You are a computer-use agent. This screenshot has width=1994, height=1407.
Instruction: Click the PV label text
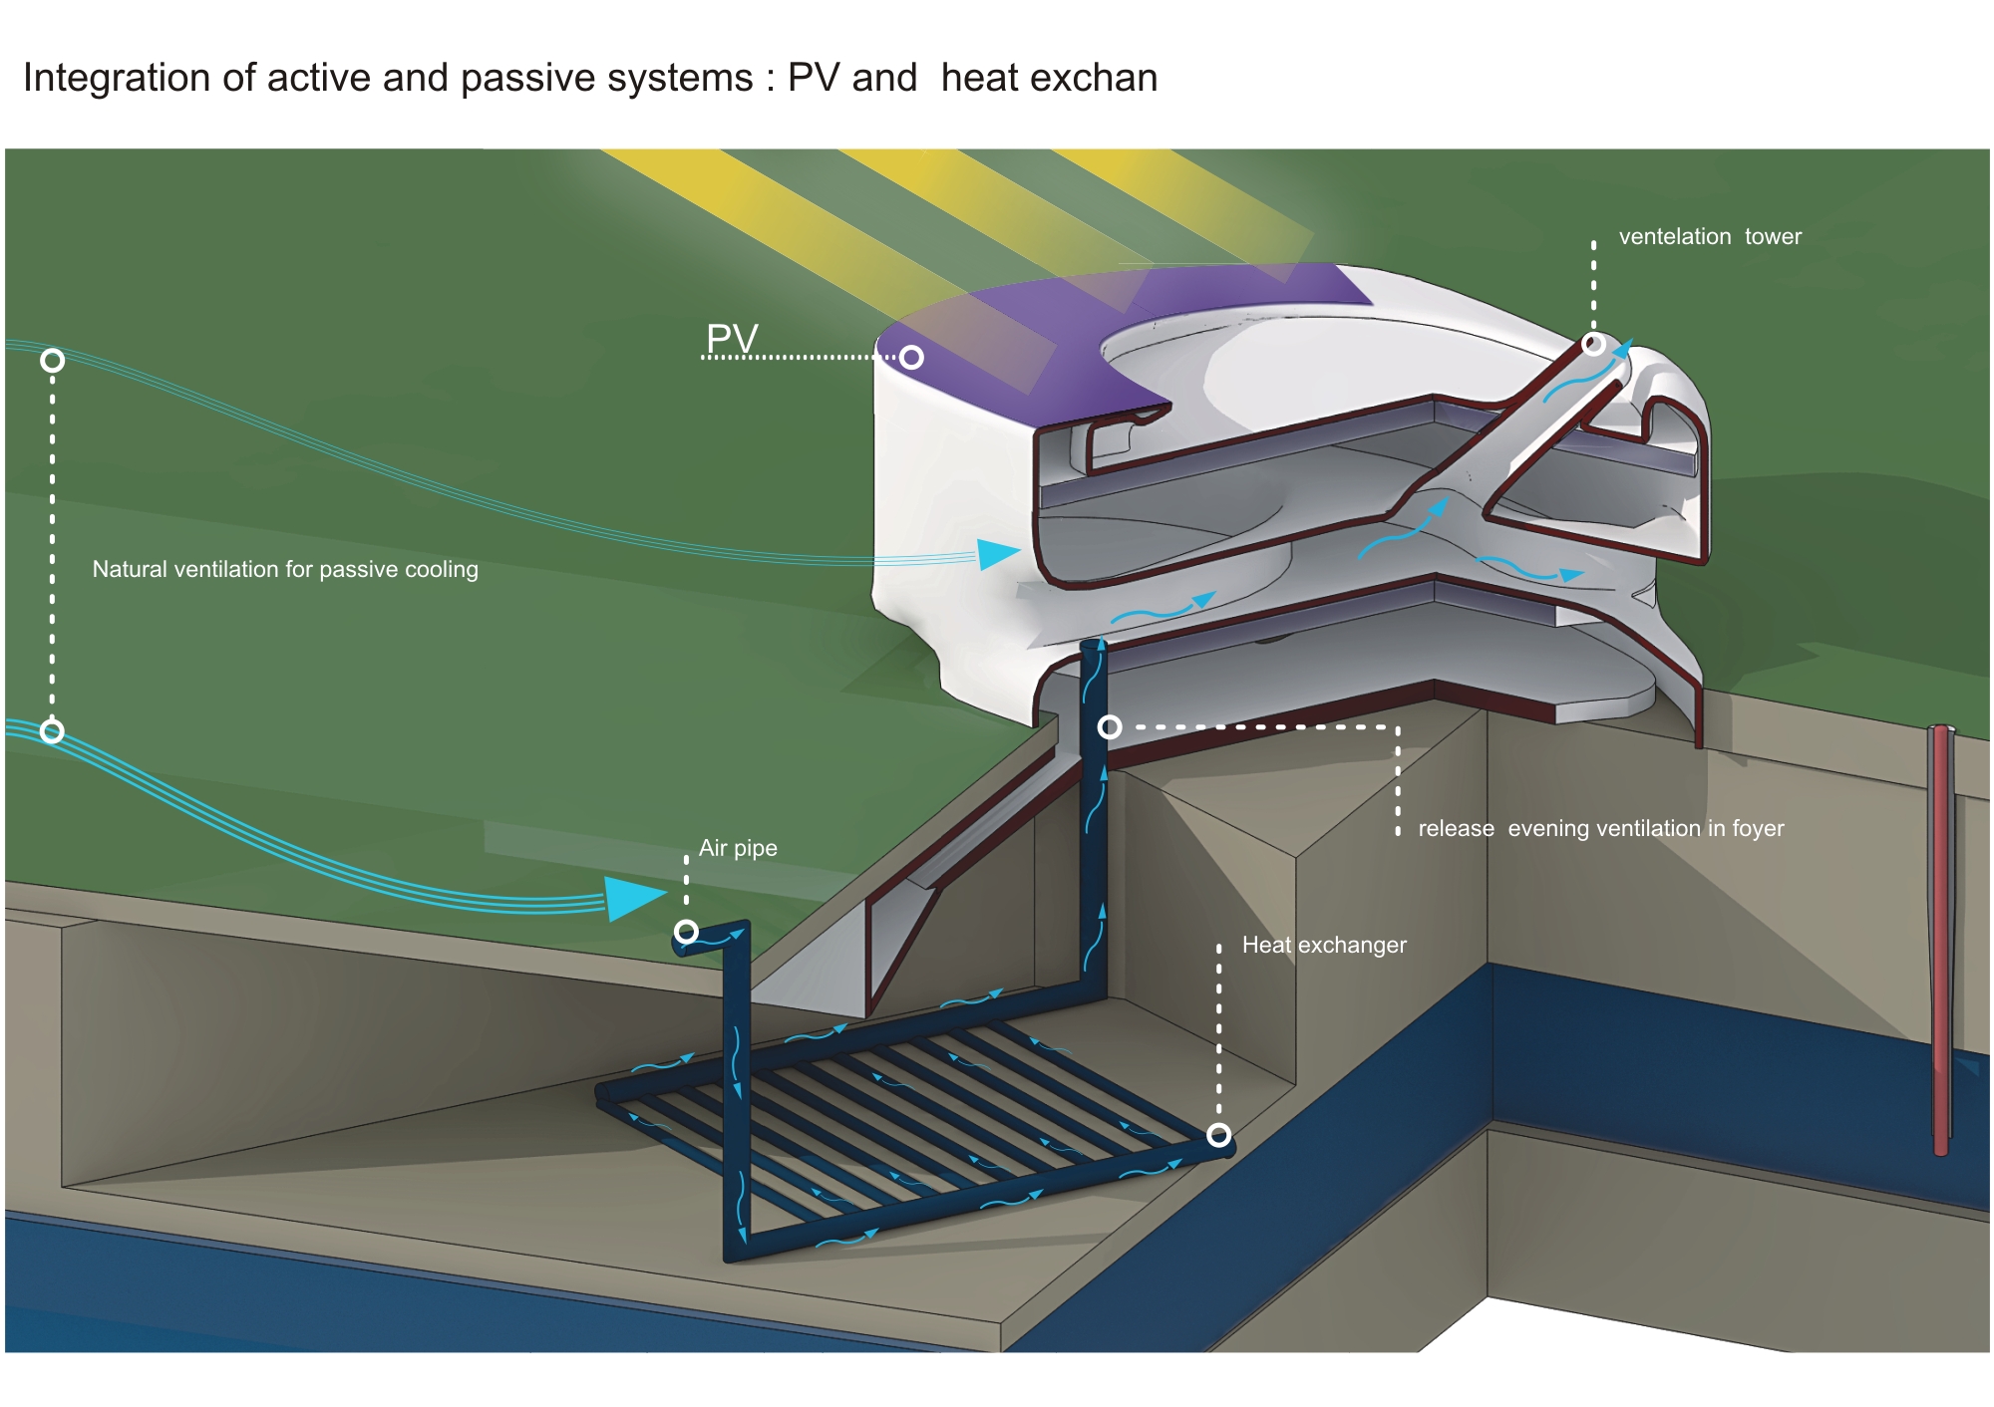click(732, 339)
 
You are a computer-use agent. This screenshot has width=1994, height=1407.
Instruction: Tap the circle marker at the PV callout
click(911, 358)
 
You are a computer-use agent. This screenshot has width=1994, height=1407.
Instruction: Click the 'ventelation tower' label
click(1710, 237)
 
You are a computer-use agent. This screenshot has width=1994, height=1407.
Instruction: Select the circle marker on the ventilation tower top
click(1593, 345)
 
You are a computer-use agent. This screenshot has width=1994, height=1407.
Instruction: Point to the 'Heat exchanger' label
click(1324, 945)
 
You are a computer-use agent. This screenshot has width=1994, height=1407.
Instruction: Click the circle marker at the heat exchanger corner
click(1218, 1135)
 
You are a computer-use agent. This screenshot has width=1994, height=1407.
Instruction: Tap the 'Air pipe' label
click(738, 848)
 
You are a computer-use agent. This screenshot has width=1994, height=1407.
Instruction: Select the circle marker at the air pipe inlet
click(686, 932)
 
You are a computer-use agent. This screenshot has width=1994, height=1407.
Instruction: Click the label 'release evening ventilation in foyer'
click(1600, 829)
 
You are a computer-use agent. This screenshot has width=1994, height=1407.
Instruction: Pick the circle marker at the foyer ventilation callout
click(1110, 727)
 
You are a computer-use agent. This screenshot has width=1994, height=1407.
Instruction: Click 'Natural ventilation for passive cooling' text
click(285, 569)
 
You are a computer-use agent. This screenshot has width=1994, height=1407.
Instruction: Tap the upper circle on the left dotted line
click(53, 361)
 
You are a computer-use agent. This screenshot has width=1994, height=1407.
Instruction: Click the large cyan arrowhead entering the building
click(996, 554)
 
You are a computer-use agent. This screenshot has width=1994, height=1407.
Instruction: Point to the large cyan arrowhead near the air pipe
click(632, 897)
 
